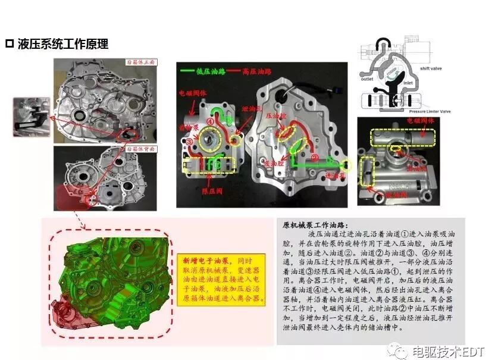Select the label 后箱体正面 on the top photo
pyautogui.click(x=140, y=62)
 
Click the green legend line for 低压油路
pyautogui.click(x=192, y=71)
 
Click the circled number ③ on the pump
pyautogui.click(x=189, y=142)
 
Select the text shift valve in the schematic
pyautogui.click(x=443, y=68)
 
